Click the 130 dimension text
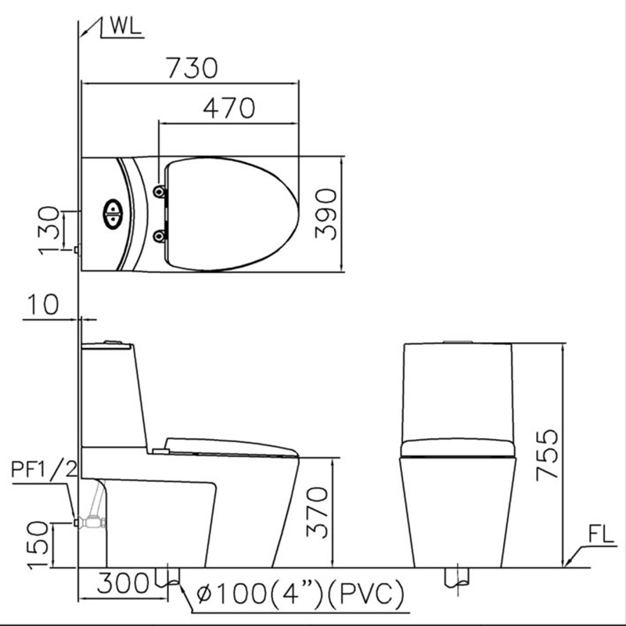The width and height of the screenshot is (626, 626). (x=49, y=228)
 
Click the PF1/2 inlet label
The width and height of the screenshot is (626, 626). (x=44, y=469)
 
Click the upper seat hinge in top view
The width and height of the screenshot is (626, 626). (x=160, y=192)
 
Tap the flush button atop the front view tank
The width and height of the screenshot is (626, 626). (x=457, y=341)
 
